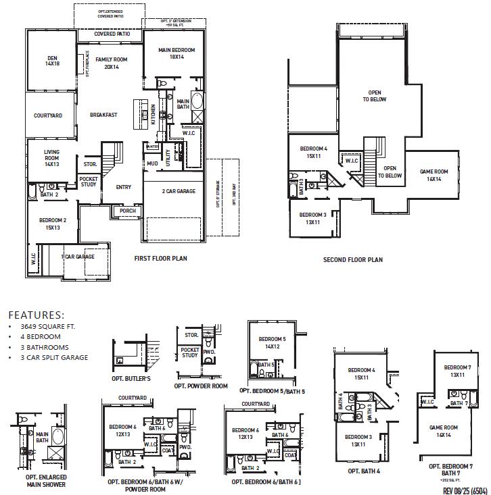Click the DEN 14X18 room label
(52, 61)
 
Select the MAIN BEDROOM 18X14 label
(177, 54)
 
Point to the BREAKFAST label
(103, 115)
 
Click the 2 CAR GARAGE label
(179, 191)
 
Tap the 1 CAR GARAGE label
(78, 257)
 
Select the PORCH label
(127, 211)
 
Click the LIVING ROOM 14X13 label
(52, 158)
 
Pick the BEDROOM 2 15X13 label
(52, 224)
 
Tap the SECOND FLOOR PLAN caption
(352, 259)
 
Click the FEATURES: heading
(36, 315)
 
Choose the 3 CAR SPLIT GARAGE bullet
(54, 358)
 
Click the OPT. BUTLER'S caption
(131, 380)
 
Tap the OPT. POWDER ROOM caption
(201, 386)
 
